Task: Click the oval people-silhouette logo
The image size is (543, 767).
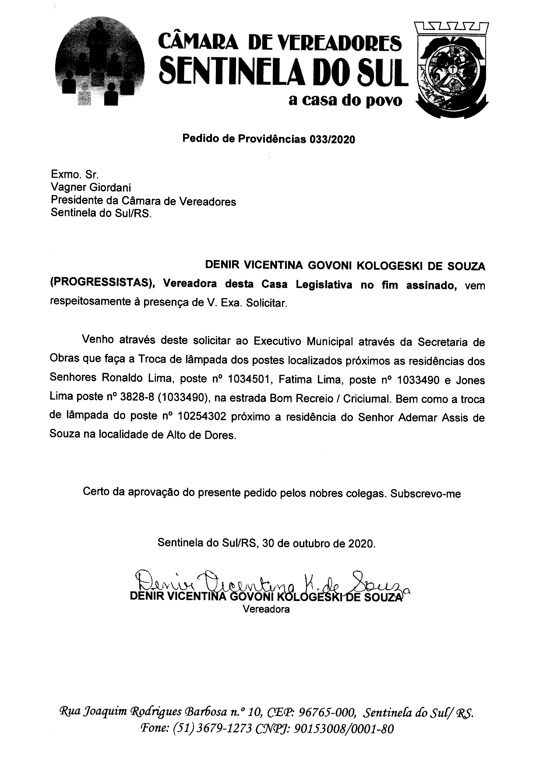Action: pos(100,63)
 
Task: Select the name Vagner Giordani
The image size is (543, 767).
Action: pos(91,187)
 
